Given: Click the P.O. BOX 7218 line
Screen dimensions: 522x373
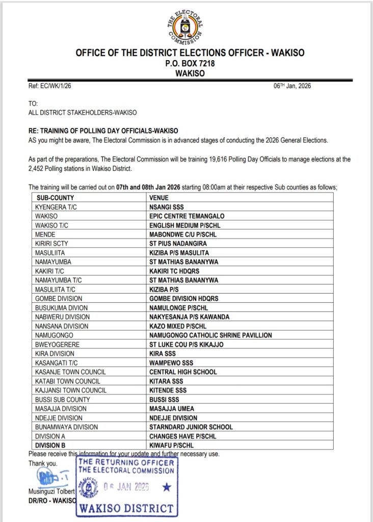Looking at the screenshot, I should (186, 64).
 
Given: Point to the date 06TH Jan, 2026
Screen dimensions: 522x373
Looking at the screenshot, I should (292, 86).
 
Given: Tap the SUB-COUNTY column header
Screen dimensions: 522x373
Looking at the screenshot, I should (55, 198).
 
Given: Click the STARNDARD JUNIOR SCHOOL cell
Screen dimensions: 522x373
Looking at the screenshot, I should (191, 427).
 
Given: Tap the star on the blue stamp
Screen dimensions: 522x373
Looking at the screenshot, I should (166, 488).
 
